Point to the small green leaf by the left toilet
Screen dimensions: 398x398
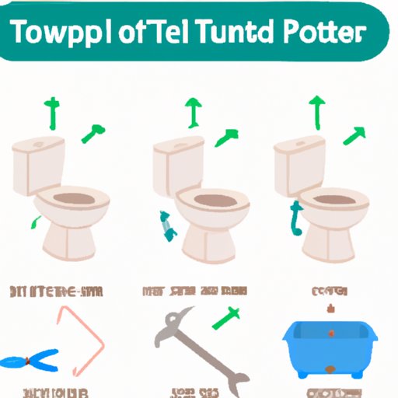point(34,223)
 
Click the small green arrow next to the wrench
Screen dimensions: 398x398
point(226,317)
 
